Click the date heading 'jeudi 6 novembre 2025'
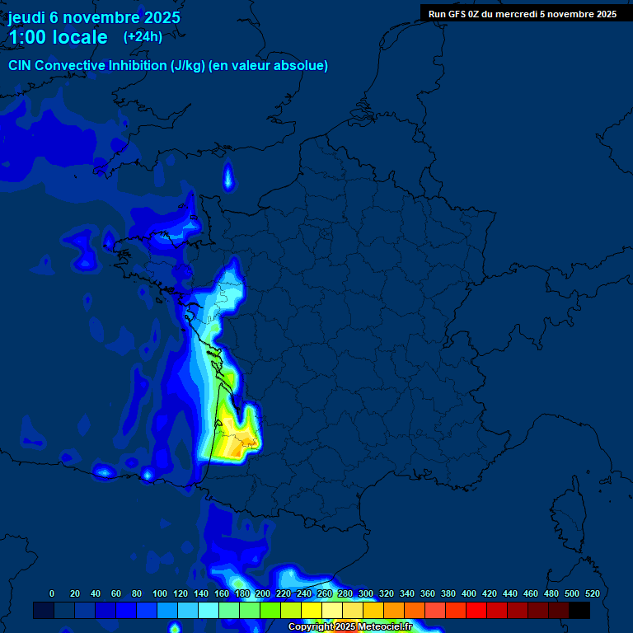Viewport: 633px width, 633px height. point(94,17)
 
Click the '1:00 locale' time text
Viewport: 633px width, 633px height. point(58,37)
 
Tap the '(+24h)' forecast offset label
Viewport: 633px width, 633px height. point(143,36)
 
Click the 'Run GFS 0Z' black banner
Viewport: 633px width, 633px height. point(522,13)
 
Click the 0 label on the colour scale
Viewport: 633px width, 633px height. point(52,593)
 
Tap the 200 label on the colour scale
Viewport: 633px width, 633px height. point(262,593)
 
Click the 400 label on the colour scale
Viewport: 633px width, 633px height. point(469,593)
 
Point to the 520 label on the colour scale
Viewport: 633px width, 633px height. point(592,593)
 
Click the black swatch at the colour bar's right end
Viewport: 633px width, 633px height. point(579,611)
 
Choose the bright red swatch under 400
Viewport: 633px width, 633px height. point(476,611)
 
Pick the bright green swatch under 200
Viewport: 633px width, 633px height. point(270,611)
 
